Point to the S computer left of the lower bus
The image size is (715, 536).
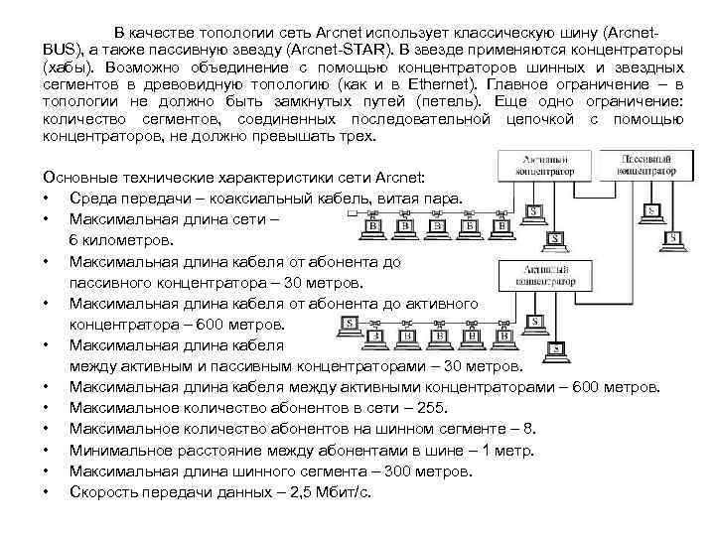coord(350,324)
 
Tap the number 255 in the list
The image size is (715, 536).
coord(429,408)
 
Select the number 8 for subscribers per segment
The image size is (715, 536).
coord(527,429)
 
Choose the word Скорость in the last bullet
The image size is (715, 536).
coord(103,491)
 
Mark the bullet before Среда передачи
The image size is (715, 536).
coord(47,199)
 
